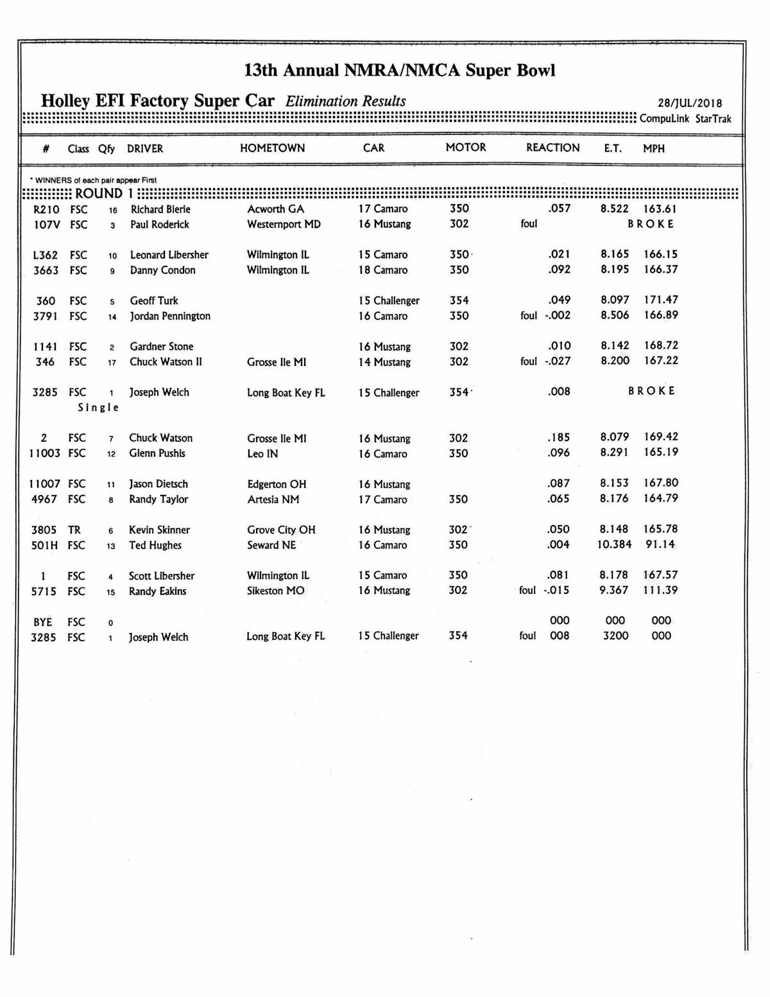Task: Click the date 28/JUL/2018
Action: point(690,103)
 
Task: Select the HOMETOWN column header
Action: point(272,148)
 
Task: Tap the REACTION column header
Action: point(552,148)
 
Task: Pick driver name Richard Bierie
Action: point(160,209)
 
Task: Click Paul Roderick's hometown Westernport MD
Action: point(284,224)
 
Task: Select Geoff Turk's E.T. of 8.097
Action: point(615,300)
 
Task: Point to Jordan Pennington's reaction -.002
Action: point(557,315)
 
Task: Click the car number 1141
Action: point(45,347)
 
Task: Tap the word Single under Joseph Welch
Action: point(98,408)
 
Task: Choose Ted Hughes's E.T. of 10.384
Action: point(614,544)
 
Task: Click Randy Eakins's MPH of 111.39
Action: point(660,590)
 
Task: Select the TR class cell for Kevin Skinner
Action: point(74,530)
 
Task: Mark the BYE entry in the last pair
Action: point(43,622)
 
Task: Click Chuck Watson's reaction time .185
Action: point(558,438)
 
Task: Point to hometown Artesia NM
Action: point(273,499)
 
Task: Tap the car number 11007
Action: point(44,484)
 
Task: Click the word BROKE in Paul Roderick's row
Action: point(651,224)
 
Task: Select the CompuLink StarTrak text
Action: point(685,119)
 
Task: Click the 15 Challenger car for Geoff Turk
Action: point(388,300)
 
